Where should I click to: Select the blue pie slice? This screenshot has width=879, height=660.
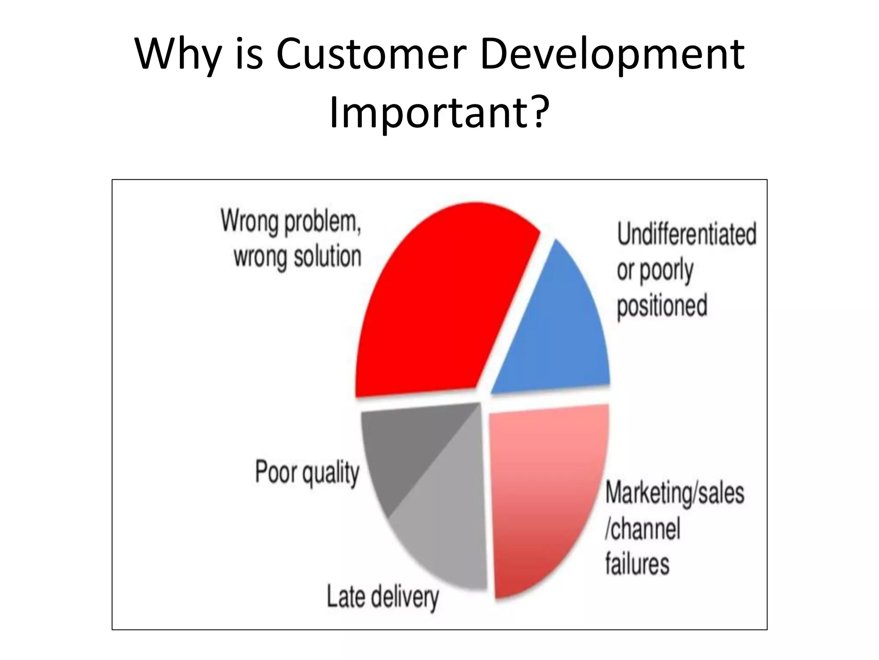click(x=562, y=335)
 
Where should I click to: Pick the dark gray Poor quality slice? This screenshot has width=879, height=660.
click(x=403, y=451)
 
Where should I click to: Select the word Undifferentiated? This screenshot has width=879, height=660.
click(x=686, y=235)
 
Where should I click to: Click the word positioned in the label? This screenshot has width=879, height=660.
click(x=662, y=306)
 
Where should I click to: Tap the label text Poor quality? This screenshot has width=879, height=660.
click(x=307, y=473)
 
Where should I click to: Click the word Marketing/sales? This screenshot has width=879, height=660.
click(x=674, y=493)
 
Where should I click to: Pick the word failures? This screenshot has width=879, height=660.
click(x=637, y=564)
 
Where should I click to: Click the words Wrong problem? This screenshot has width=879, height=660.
click(x=291, y=222)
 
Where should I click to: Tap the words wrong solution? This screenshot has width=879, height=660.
click(x=297, y=257)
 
